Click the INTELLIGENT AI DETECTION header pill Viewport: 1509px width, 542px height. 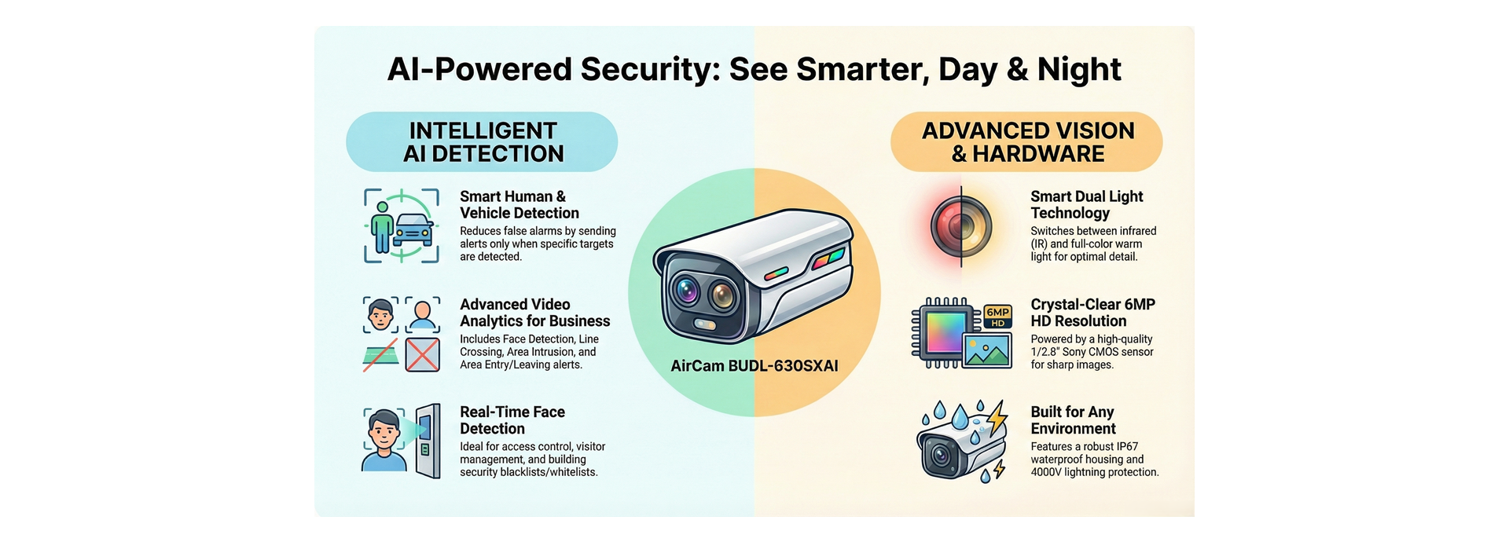[482, 142]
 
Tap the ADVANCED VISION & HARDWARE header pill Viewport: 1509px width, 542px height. [1026, 142]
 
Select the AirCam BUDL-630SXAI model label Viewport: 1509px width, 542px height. [754, 366]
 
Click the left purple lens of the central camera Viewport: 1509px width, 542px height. [685, 291]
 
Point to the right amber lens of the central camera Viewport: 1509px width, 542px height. [721, 296]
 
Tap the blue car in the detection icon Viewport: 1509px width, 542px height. [413, 229]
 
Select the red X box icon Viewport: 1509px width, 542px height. [423, 355]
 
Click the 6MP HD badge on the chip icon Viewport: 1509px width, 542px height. [997, 317]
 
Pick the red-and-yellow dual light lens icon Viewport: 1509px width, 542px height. [961, 227]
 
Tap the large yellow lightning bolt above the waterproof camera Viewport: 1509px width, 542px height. [997, 418]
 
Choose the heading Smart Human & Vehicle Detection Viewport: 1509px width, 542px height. [519, 205]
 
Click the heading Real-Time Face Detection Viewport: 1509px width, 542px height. [512, 420]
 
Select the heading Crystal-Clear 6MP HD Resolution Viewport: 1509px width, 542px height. [1092, 313]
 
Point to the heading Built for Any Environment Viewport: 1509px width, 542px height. [1073, 420]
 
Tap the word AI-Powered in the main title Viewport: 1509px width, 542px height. [479, 69]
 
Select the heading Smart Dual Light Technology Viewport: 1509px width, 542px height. [1086, 205]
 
